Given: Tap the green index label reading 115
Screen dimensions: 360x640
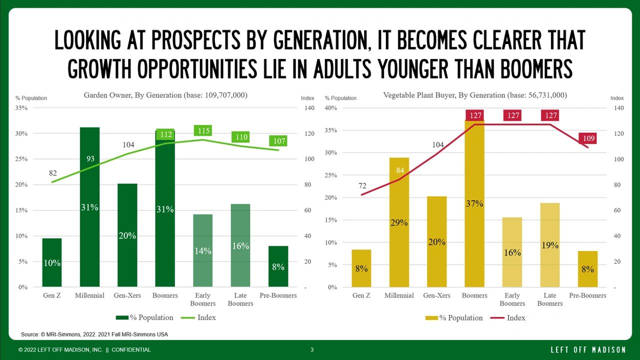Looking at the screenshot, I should coord(203,131).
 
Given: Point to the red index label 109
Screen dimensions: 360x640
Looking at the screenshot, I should coord(587,138).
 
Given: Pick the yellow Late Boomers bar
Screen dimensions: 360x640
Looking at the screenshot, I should coord(550,245).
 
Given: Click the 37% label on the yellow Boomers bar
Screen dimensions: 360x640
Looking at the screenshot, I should coord(474,203).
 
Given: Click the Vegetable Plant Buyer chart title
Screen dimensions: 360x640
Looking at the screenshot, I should coord(475,95).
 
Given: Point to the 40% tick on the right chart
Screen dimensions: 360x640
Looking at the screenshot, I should coord(331,108).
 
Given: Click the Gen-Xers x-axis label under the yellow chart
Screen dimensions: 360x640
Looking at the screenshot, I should coord(437,295).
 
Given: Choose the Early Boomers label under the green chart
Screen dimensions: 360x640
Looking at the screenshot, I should coord(202,299).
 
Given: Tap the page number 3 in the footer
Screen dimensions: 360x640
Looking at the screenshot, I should coord(312,349).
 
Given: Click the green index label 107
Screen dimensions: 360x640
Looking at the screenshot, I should coord(279,141).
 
